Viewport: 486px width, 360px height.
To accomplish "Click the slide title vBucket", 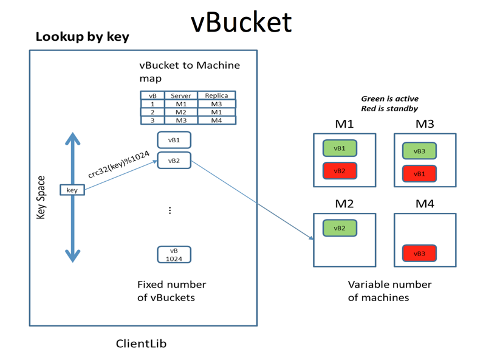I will [x=241, y=21].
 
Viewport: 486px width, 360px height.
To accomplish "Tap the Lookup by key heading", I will [x=82, y=36].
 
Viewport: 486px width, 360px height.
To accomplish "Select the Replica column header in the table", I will [x=216, y=95].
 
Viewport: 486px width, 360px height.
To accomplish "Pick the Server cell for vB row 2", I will [x=180, y=112].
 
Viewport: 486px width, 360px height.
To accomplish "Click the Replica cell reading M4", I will [x=216, y=120].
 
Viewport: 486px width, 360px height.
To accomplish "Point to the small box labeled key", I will [x=72, y=190].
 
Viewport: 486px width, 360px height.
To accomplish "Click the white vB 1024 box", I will [x=174, y=254].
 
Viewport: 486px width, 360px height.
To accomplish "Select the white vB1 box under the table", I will [x=174, y=140].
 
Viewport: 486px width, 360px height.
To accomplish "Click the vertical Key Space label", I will [x=41, y=198].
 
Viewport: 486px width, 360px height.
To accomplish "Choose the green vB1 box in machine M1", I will [x=340, y=148].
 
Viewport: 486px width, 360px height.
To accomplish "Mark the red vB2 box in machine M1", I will [x=340, y=171].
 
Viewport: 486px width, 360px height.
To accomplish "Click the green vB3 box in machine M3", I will [x=419, y=151].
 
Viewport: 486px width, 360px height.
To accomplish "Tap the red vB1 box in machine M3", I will [x=419, y=173].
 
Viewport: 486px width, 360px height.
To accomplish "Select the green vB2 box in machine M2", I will [x=340, y=228].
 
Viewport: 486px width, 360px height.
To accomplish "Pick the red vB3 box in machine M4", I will [x=419, y=254].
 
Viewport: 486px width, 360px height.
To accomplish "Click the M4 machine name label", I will [x=425, y=204].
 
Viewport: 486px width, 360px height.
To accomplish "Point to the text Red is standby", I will [x=389, y=108].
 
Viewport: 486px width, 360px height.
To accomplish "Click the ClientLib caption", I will [x=141, y=344].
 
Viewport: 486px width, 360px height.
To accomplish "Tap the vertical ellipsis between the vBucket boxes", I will [x=170, y=210].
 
